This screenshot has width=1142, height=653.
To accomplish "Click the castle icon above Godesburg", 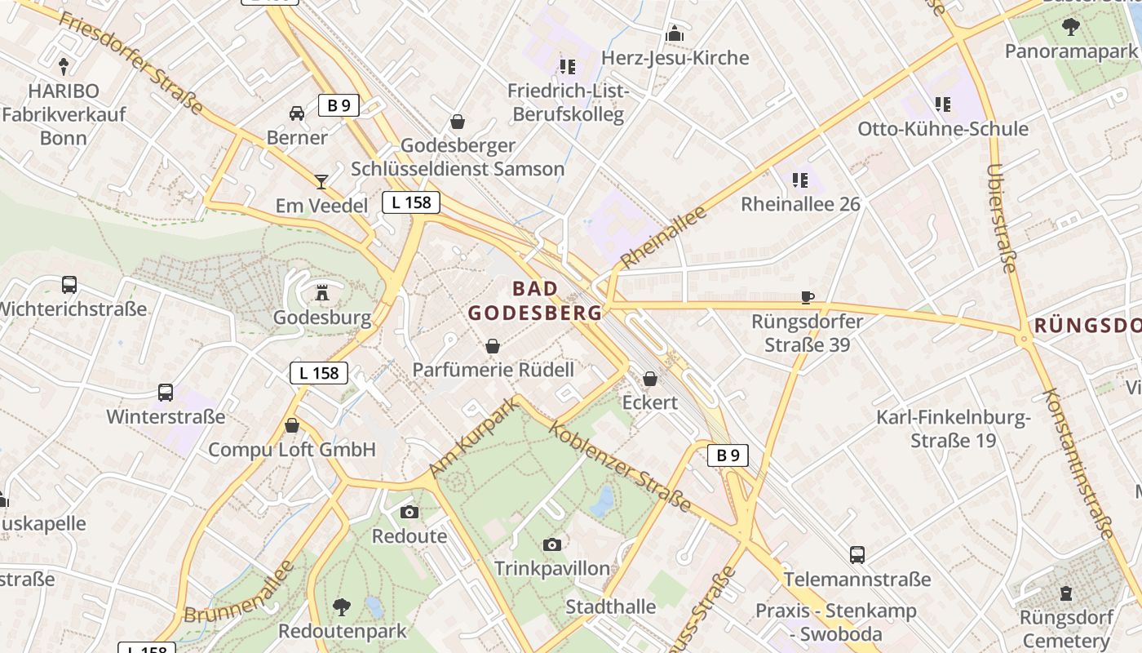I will click(323, 292).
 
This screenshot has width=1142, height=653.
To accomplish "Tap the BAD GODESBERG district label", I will click(536, 300).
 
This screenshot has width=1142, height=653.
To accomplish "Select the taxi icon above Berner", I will click(297, 113).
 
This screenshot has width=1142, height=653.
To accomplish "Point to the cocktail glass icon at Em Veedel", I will click(321, 181).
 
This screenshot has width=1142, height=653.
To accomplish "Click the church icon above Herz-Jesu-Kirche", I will click(675, 33).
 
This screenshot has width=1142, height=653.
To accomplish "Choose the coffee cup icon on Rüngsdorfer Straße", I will click(807, 297).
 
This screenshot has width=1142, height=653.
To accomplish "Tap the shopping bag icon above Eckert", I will click(650, 379).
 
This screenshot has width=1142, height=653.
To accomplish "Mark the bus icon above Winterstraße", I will click(166, 393).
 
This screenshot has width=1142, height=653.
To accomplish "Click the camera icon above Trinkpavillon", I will click(552, 544).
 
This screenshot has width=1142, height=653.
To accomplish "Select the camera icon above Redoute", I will click(409, 512).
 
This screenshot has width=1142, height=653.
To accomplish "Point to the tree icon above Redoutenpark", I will click(342, 606).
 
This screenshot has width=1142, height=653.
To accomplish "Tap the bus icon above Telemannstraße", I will click(857, 555).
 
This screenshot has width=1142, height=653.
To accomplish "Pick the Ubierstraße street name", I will click(1002, 218).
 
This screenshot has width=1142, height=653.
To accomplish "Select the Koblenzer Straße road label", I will click(622, 468).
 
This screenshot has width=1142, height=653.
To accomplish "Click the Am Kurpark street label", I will click(474, 438).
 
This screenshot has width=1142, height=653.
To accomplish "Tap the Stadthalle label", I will click(611, 606).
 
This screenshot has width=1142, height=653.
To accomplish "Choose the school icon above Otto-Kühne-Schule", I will click(943, 104).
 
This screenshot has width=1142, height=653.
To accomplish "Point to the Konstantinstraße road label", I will click(1078, 463).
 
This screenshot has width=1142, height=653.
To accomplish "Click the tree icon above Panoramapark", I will click(1070, 27).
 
